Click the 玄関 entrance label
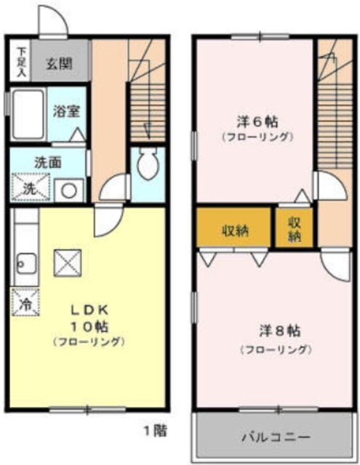pos(60,63)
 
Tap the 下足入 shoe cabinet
pos(22,62)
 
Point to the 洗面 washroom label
pos(47,162)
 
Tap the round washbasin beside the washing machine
pos(70,190)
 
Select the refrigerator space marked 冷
pos(24,304)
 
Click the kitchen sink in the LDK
pos(25,259)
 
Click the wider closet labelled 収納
pos(235,230)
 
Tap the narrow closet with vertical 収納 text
pos(295,230)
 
